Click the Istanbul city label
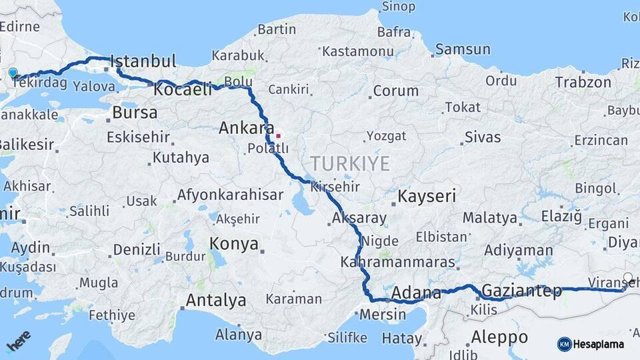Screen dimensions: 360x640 [x=143, y=61]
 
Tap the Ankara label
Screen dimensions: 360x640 [x=246, y=127]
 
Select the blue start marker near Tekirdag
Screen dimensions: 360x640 [x=13, y=73]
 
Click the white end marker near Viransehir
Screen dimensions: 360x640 [x=627, y=278]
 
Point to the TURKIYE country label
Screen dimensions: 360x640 [x=349, y=163]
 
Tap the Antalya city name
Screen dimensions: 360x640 [x=215, y=300]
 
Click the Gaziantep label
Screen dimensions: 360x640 [x=522, y=291]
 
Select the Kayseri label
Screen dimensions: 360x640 [x=427, y=196]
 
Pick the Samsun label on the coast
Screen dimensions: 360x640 [x=463, y=49]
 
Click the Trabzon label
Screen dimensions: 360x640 [x=583, y=83]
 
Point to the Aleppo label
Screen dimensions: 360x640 [x=499, y=336]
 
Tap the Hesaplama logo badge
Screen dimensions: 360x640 [x=591, y=344]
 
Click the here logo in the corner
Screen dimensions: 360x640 [x=18, y=340]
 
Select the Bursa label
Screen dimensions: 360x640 [x=135, y=113]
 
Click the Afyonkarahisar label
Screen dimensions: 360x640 [x=230, y=195]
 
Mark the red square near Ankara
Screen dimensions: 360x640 [x=278, y=135]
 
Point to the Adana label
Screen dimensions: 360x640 [x=416, y=293]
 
